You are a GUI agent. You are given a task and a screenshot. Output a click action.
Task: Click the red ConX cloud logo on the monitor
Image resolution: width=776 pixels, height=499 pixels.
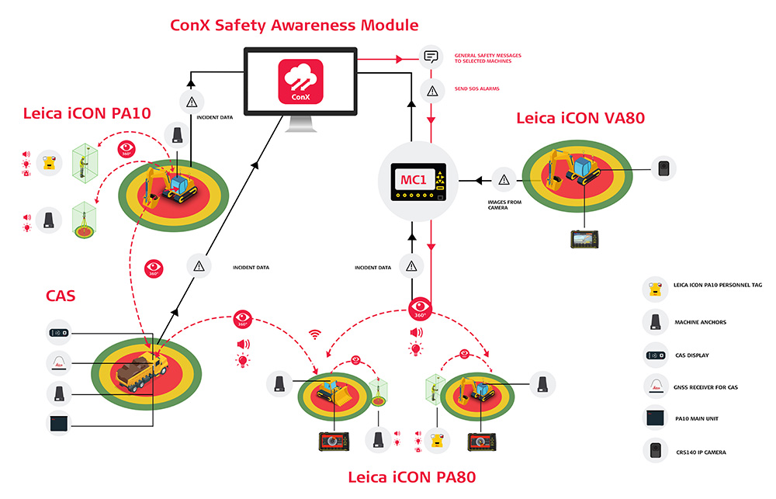pyautogui.click(x=300, y=83)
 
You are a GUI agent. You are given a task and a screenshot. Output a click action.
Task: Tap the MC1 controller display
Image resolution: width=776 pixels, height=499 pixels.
pyautogui.click(x=418, y=181)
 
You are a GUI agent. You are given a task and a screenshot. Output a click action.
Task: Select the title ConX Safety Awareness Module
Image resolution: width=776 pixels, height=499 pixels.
pyautogui.click(x=294, y=25)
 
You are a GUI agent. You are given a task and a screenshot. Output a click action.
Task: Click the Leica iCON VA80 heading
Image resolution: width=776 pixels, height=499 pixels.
pyautogui.click(x=580, y=118)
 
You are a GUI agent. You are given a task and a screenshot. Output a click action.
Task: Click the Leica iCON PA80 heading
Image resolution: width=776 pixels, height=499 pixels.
pyautogui.click(x=411, y=476)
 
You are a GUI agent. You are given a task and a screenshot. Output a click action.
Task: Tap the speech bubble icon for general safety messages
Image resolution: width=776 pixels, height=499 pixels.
pyautogui.click(x=430, y=57)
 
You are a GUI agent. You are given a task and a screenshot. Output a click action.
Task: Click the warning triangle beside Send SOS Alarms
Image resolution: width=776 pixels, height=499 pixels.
pyautogui.click(x=430, y=89)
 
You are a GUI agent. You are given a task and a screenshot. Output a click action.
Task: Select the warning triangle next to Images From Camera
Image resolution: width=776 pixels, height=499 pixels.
pyautogui.click(x=504, y=180)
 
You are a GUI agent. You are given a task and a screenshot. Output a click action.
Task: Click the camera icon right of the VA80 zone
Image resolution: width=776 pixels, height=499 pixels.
pyautogui.click(x=663, y=168)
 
